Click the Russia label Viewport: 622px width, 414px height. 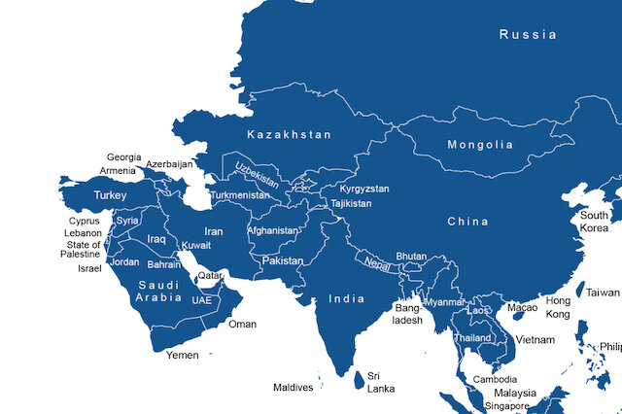tap(528, 35)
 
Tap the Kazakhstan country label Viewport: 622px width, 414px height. tap(289, 134)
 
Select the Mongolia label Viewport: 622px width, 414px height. tap(479, 146)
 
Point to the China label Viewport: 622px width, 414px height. tap(467, 222)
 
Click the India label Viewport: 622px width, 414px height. tap(346, 298)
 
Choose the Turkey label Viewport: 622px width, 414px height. tap(110, 195)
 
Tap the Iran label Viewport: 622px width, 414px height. tap(213, 232)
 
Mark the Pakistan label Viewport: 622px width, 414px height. tap(283, 262)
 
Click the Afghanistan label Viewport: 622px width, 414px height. tap(273, 231)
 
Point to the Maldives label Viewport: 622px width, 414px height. tap(293, 388)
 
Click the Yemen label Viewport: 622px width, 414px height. tap(182, 356)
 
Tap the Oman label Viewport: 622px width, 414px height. tap(242, 325)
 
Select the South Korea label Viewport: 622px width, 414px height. tap(594, 222)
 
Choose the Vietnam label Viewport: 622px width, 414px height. tap(536, 340)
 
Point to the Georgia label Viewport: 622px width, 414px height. tap(123, 157)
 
